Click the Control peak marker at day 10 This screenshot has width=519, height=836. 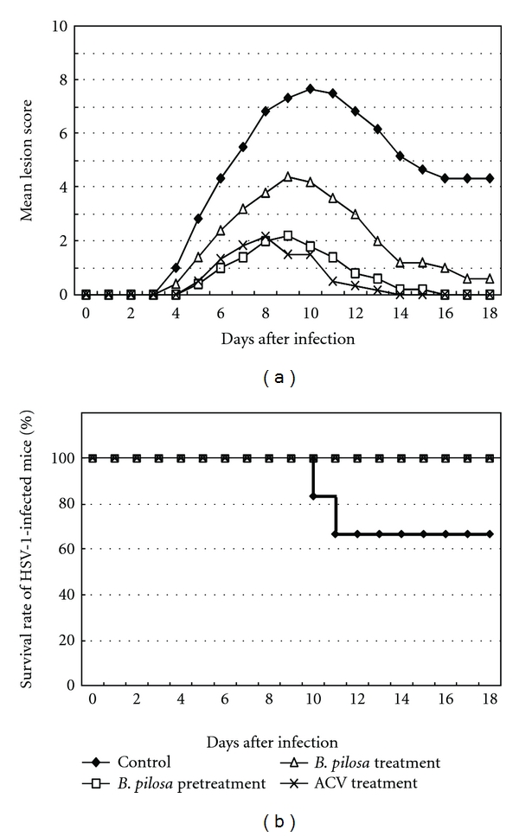(310, 89)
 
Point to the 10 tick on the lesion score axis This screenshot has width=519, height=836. (61, 26)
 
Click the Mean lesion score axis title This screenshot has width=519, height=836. (29, 160)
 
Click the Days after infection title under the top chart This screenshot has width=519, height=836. (288, 339)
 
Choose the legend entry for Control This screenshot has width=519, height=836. (144, 763)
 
